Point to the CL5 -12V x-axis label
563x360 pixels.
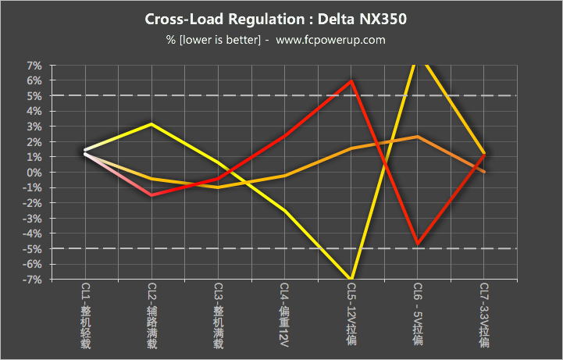tap(351, 315)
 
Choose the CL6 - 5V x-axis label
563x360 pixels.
tap(418, 315)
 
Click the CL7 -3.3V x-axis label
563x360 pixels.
tap(484, 315)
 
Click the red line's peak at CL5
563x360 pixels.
tap(352, 80)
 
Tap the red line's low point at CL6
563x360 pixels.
tap(419, 244)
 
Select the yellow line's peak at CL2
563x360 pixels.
tap(152, 124)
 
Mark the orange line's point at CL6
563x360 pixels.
tap(419, 137)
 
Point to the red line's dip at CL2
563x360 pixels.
tap(152, 195)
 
